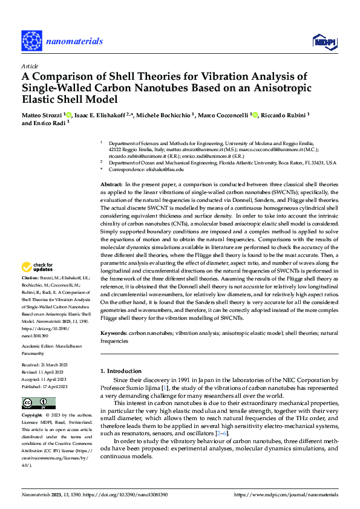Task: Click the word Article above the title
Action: tap(30, 66)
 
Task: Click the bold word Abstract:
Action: tap(111, 183)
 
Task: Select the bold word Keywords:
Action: tap(114, 334)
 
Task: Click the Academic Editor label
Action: tap(39, 346)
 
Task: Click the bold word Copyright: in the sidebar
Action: tap(33, 416)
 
